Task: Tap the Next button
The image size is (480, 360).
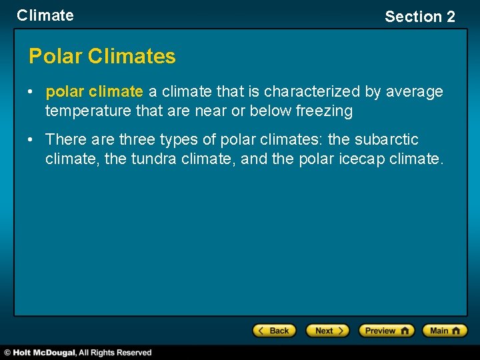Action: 327,331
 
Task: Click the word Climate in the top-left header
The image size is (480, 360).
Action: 45,15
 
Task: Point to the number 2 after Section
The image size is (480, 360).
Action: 451,17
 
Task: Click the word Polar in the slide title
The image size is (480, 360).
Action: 55,57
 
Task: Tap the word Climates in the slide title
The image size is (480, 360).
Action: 131,57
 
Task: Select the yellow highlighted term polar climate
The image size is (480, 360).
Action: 94,91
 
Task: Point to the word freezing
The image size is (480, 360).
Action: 325,111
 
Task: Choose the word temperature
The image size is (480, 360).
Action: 88,111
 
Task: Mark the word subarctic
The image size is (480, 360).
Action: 387,140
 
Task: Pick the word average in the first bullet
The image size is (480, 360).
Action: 415,91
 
